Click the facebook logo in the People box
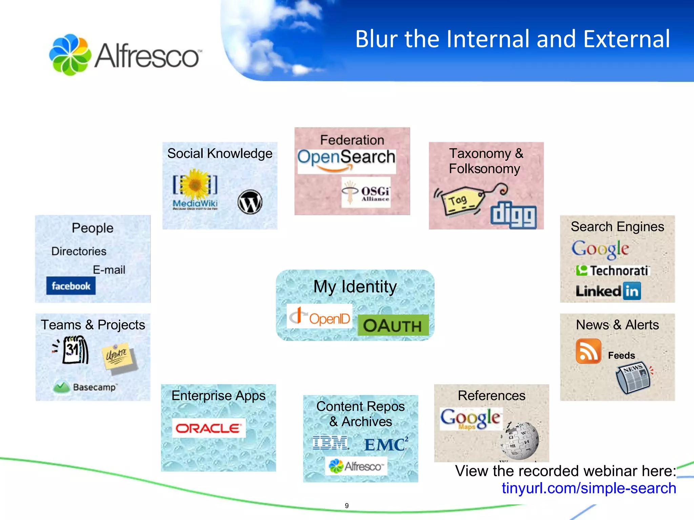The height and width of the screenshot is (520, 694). click(71, 286)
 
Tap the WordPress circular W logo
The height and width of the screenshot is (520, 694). click(250, 202)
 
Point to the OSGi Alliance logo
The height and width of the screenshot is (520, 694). click(366, 192)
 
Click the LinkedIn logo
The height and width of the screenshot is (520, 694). click(608, 291)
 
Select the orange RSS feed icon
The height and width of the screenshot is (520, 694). click(588, 351)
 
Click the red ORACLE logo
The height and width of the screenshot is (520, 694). click(208, 428)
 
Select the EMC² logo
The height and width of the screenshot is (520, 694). click(386, 445)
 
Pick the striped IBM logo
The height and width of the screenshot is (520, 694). click(330, 443)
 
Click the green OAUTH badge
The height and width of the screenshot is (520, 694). click(393, 325)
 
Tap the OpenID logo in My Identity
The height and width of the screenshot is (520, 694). click(319, 317)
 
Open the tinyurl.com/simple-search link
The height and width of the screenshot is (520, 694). click(589, 488)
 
